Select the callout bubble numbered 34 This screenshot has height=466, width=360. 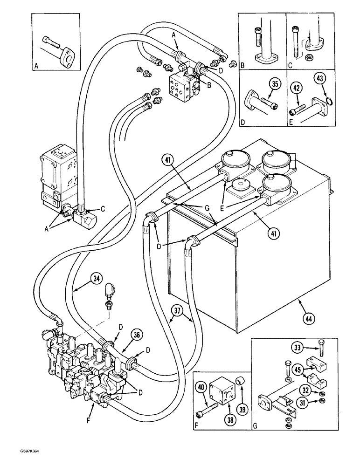point(96,279)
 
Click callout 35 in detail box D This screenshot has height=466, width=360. point(276,84)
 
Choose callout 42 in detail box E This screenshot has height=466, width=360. point(296,87)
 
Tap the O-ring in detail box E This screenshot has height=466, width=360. point(328,101)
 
